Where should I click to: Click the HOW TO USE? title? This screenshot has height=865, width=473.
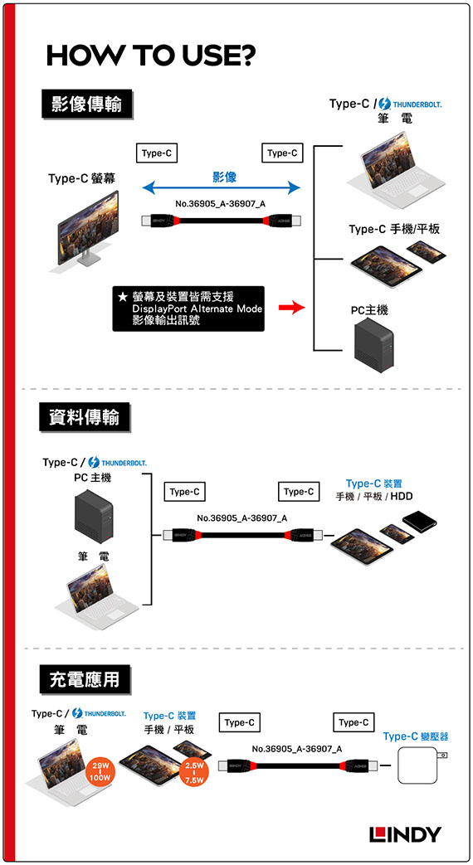point(151,56)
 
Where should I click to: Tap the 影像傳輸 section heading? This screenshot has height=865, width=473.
point(87,104)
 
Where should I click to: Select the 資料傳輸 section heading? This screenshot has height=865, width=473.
point(85,418)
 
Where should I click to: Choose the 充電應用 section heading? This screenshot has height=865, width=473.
point(85,680)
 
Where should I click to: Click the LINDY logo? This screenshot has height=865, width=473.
point(405,834)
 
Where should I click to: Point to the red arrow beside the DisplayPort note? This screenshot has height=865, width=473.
point(291,308)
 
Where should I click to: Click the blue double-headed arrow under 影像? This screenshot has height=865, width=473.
point(222,188)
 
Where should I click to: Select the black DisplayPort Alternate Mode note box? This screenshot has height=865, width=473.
point(188,309)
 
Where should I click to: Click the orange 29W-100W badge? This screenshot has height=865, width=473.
point(101,771)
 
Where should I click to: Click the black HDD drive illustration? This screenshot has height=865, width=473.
point(419,520)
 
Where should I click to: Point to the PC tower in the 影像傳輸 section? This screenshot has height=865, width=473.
point(373,345)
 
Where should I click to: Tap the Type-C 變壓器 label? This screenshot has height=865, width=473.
point(416,736)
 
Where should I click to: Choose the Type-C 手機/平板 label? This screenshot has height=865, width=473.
point(394,228)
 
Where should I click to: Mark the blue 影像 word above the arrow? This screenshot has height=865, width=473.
point(224,177)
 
